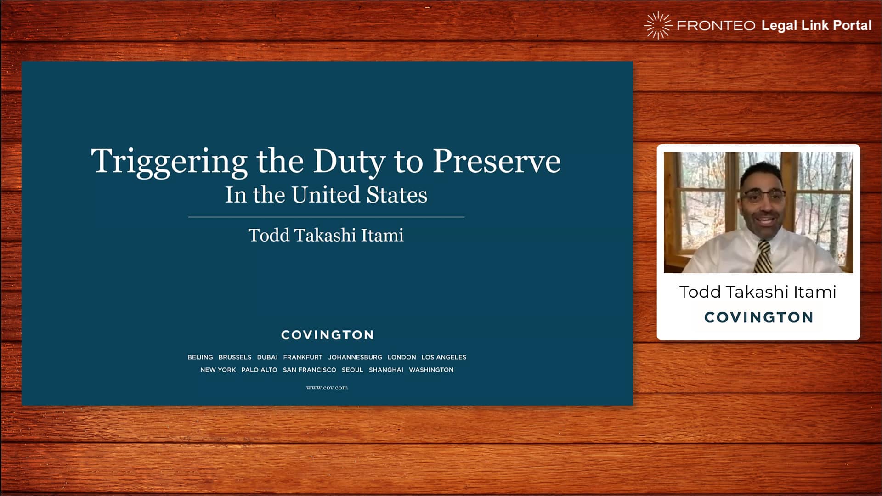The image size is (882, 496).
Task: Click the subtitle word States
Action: click(x=397, y=195)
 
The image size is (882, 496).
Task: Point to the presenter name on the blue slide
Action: click(x=326, y=235)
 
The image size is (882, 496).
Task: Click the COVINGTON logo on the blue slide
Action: click(x=328, y=335)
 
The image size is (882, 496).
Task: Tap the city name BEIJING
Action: click(x=200, y=357)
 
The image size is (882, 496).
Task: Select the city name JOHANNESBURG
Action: click(x=355, y=357)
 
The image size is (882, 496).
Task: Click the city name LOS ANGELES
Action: click(x=444, y=357)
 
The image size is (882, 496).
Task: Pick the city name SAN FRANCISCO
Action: click(x=310, y=370)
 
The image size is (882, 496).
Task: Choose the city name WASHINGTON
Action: click(x=431, y=370)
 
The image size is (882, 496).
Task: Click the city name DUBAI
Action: click(x=267, y=357)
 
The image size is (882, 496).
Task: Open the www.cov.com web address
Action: click(x=327, y=388)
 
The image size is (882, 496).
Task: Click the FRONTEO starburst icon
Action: click(x=658, y=26)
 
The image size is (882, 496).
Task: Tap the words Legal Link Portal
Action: click(x=816, y=25)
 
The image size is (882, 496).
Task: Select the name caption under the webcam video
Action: click(x=758, y=292)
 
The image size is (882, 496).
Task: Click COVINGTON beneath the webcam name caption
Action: click(x=759, y=317)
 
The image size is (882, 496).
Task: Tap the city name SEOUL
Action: click(x=352, y=370)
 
